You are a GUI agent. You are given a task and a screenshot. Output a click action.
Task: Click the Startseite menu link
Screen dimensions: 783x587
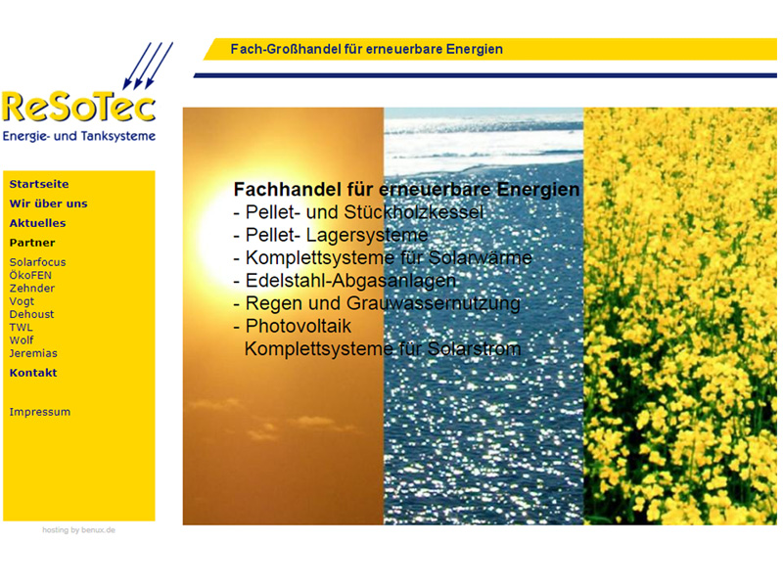pos(39,184)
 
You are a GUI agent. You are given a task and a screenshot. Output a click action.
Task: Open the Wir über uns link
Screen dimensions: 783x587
pos(48,203)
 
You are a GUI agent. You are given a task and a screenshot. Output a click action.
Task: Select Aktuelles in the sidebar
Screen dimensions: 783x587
pos(37,223)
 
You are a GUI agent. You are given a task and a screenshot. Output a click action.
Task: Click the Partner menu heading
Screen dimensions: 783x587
pos(32,243)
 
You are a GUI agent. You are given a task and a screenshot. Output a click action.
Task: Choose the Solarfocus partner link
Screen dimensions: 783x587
pos(37,262)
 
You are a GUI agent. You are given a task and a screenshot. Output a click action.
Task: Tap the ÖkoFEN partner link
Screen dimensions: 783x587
pos(30,275)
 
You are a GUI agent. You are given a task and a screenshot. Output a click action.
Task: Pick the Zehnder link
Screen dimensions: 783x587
pos(32,288)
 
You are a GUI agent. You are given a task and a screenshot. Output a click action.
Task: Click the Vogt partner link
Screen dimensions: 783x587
pos(22,301)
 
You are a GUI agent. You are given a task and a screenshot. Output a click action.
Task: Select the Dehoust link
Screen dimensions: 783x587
pos(31,314)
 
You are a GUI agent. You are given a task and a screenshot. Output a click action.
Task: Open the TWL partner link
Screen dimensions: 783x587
pos(21,327)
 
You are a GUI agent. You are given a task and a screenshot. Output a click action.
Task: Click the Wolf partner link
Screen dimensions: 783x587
pos(22,339)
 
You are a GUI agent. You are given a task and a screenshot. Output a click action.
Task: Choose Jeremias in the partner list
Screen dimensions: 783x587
pos(33,353)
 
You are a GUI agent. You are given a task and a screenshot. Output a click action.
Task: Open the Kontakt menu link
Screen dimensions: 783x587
pos(33,373)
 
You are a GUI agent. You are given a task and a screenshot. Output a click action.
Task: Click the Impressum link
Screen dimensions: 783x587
pos(40,412)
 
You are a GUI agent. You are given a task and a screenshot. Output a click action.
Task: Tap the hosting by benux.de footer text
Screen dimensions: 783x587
pos(79,530)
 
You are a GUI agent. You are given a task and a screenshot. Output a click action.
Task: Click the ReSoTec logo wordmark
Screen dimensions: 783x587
pos(79,106)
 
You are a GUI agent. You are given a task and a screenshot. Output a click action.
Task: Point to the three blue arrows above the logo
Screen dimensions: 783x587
pos(148,66)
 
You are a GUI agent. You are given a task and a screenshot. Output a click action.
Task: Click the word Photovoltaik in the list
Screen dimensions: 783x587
pos(299,326)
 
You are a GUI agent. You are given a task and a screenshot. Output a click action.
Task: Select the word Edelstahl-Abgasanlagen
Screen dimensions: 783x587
pos(350,281)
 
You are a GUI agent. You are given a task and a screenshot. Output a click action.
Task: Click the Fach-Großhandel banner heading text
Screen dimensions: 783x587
pos(366,49)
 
